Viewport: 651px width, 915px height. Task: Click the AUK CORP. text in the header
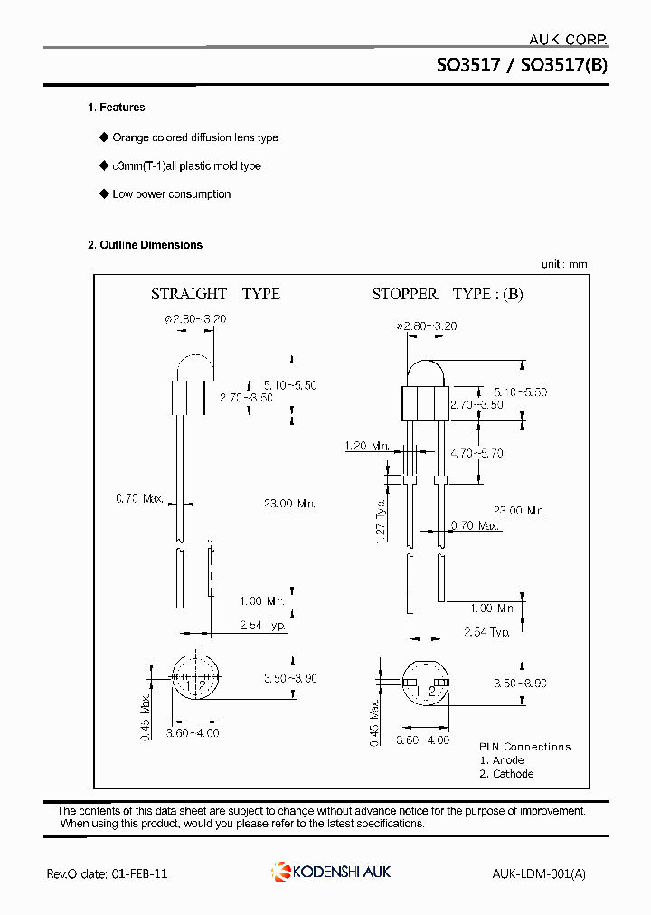click(567, 39)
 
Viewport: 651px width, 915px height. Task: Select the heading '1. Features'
click(116, 108)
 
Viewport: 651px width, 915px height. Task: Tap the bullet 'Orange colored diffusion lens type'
click(194, 137)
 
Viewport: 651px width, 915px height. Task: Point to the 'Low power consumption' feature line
click(171, 194)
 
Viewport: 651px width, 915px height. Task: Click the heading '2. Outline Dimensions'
click(145, 245)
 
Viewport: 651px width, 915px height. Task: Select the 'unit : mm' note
click(564, 264)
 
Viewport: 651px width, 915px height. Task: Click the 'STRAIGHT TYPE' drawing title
click(215, 294)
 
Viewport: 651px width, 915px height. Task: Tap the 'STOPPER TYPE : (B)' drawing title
click(448, 294)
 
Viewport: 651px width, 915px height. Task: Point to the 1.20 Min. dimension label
click(367, 446)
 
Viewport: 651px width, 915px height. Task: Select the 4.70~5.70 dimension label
click(476, 453)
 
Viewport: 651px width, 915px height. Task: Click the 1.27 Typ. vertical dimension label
click(381, 519)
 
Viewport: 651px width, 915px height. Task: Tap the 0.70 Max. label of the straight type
click(139, 498)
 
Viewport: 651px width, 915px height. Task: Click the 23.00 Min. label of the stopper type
click(519, 510)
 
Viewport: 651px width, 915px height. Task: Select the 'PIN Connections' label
click(524, 747)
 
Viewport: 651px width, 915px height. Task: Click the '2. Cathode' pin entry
click(506, 774)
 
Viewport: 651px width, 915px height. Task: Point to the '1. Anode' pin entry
click(502, 760)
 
